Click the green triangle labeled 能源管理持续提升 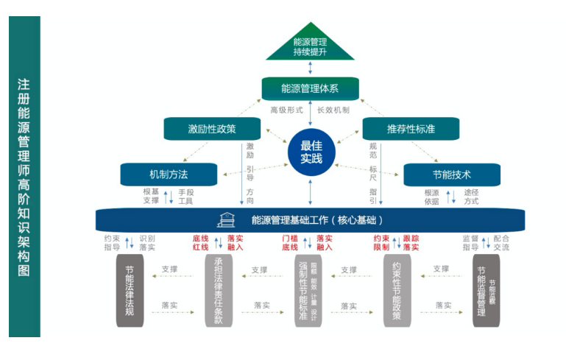[x=310, y=47]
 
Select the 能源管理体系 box [x=310, y=89]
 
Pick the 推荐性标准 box [x=409, y=129]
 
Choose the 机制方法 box [x=169, y=174]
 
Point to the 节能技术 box [x=452, y=174]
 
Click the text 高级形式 [x=286, y=110]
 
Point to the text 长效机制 [x=333, y=110]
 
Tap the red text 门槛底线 [x=290, y=243]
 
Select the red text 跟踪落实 [x=411, y=243]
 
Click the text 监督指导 [x=470, y=243]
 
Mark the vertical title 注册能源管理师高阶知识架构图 [x=24, y=177]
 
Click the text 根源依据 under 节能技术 [x=431, y=197]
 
